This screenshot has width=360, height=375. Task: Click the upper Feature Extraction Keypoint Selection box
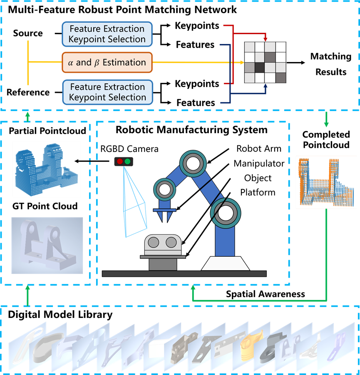point(107,34)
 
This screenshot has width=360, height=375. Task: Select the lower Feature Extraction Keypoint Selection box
point(108,92)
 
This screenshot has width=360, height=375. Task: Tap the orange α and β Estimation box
point(107,62)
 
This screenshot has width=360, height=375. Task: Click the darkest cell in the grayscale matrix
point(260,67)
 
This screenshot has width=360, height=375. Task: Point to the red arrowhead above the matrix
point(265,39)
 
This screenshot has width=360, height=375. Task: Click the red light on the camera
point(120,161)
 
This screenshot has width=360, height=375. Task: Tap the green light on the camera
point(127,161)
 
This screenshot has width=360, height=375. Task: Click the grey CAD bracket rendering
point(47,246)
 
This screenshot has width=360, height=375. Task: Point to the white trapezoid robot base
point(225,263)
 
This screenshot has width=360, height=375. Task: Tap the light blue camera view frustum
point(134,208)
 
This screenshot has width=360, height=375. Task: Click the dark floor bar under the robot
point(184,273)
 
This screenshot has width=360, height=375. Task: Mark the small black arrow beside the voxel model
point(78,161)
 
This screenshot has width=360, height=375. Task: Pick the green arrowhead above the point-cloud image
point(326,124)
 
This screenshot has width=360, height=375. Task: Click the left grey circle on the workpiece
point(153,242)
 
